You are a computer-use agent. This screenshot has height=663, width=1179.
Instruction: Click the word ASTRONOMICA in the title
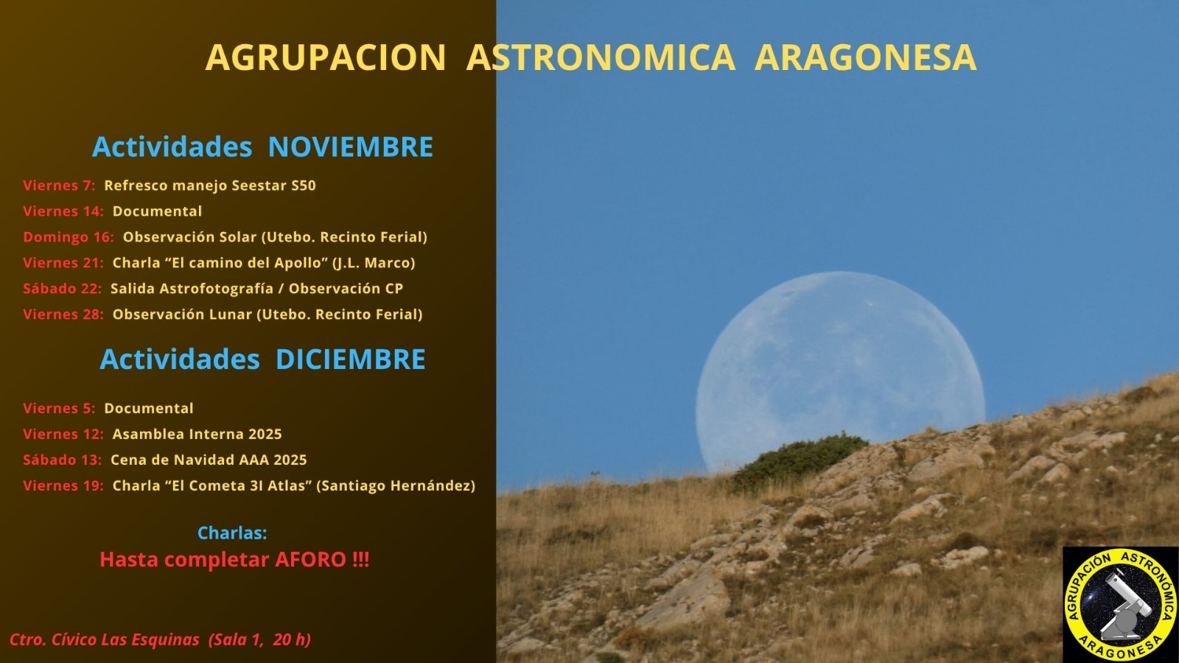(601, 57)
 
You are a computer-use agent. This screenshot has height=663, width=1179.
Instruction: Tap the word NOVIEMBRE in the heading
(350, 147)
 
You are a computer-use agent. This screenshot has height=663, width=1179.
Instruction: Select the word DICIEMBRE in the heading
(350, 359)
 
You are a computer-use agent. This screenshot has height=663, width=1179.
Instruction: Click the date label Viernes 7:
(59, 186)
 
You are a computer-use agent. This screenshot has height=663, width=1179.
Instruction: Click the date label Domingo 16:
(68, 237)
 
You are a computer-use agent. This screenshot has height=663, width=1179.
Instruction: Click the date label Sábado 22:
(62, 289)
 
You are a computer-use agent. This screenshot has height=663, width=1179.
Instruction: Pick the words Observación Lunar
(181, 315)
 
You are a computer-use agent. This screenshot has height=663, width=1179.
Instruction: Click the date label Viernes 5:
(59, 409)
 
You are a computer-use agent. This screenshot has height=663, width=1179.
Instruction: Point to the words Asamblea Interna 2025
(197, 435)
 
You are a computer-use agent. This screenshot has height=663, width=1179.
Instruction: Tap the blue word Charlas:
(232, 533)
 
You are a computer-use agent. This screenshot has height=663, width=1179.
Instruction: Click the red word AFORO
(310, 560)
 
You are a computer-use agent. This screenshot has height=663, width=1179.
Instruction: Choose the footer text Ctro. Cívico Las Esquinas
(104, 639)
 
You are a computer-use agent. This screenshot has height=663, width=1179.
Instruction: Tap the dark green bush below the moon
(800, 457)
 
